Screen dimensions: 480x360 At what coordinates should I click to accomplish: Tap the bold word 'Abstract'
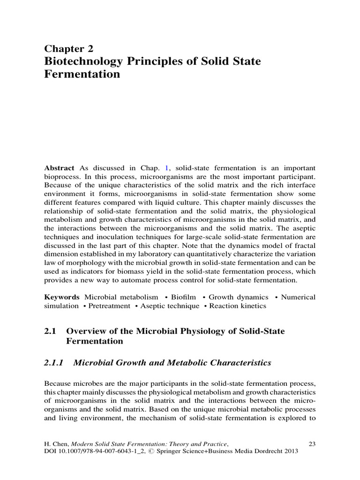coord(59,168)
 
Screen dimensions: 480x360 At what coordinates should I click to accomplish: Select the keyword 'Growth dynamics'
coord(239,297)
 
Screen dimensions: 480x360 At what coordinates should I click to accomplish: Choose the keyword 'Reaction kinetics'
coord(238,306)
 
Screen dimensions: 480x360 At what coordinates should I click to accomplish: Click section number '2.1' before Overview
coord(50,331)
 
